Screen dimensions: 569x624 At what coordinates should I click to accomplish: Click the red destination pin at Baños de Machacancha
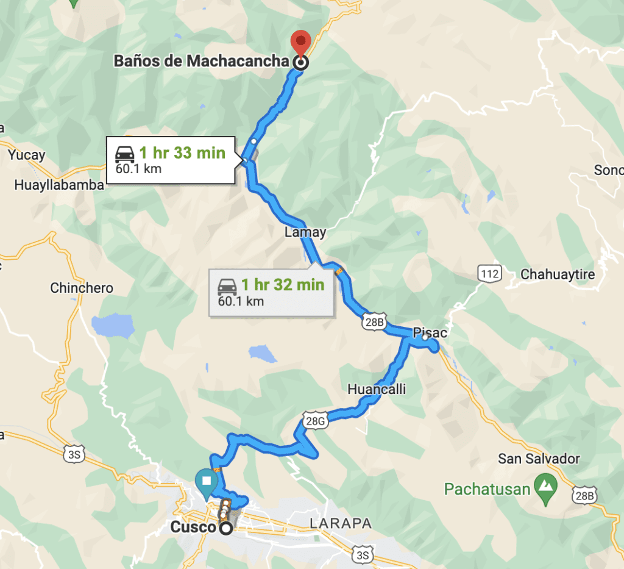coord(300,42)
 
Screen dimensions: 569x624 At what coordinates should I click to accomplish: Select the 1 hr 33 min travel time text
coord(182,153)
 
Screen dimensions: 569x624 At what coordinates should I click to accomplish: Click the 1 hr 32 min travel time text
coord(283,284)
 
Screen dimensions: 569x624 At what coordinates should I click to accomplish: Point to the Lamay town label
coord(305,232)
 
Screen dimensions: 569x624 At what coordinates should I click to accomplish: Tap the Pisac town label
coord(430,333)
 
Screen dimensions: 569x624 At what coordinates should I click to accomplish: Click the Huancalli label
coord(377,389)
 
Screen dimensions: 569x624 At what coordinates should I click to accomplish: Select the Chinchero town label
coord(82,288)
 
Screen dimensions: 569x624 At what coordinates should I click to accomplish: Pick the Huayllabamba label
coord(59,185)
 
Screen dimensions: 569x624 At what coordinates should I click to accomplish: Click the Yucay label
coord(27,155)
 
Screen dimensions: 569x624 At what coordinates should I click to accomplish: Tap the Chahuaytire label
coord(558,275)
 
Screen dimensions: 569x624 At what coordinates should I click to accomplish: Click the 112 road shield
coord(489,274)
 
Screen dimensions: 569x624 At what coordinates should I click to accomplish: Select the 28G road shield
coord(314,420)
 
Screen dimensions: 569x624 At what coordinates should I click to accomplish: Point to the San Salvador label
coord(539,459)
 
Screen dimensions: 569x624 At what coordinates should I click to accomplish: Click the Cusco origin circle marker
coord(226,528)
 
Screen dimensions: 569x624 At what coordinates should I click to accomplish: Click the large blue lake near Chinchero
coord(113,326)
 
